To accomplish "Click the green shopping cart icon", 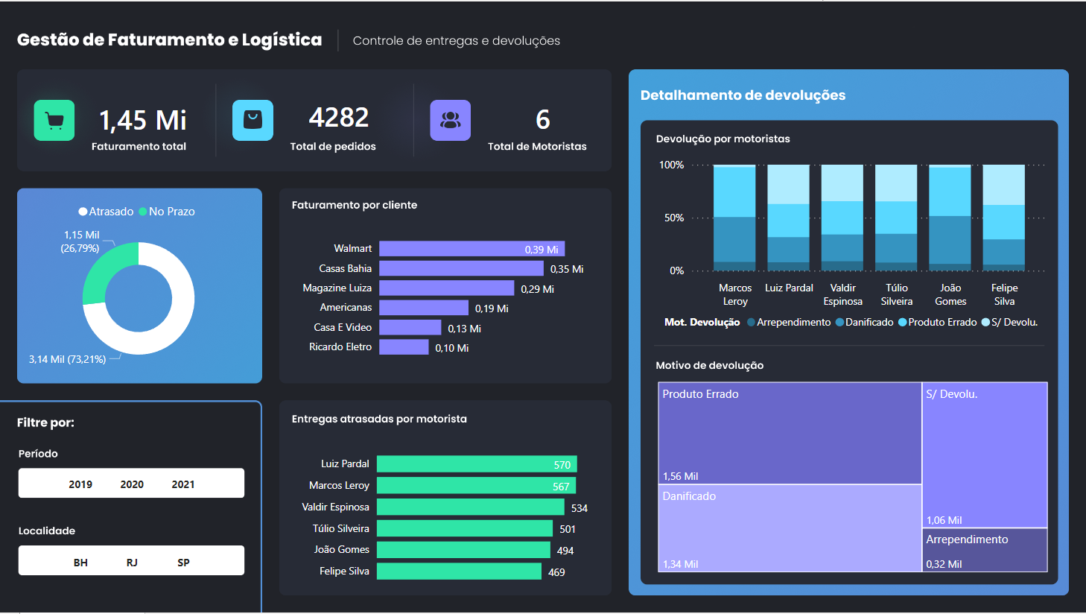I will coord(54,120).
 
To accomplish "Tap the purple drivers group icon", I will coord(450,120).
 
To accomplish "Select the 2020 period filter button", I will coord(132,484).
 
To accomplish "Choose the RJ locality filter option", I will coord(132,563).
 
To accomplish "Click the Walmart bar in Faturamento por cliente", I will coord(471,249).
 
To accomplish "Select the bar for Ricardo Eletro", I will coord(404,347).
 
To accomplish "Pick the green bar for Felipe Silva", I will coord(459,572).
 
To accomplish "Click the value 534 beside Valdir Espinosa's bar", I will coord(579,508).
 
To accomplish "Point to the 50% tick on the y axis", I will coord(673,218).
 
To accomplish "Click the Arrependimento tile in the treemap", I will coord(984,550).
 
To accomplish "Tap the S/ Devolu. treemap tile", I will coord(984,455).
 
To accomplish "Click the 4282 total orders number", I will coord(339,118).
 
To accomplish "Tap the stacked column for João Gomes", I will coord(950,218).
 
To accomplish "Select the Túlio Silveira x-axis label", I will coord(896,294).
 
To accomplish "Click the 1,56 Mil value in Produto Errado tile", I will coord(680,476).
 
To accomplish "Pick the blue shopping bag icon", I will coord(253,120).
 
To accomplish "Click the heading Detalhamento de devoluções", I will coord(743,95).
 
